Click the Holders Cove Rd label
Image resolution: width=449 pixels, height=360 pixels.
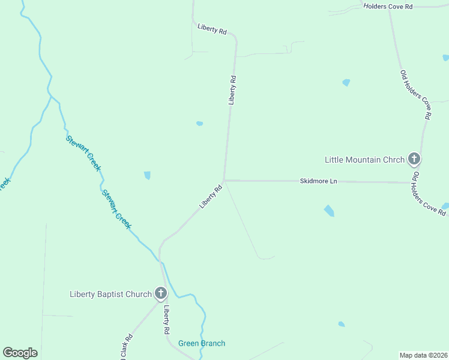388,6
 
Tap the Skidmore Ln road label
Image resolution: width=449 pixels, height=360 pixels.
319,181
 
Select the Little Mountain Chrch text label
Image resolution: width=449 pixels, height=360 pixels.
364,160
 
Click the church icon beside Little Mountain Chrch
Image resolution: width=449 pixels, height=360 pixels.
414,159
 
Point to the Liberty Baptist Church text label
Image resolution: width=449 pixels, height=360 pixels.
110,294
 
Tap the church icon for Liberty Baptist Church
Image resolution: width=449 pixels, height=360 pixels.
160,293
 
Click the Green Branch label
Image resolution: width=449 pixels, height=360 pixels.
202,343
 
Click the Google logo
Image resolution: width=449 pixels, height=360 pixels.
20,352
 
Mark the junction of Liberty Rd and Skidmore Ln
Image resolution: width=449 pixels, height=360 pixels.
224,180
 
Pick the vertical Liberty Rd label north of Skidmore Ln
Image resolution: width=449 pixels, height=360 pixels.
232,90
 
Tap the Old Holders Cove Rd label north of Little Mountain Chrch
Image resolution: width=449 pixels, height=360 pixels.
416,94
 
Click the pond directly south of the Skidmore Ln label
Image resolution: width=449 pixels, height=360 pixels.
329,211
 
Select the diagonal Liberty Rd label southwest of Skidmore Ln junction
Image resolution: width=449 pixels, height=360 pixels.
211,197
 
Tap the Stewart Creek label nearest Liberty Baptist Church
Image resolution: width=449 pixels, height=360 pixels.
116,209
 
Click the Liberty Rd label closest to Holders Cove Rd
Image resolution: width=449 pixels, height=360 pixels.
212,29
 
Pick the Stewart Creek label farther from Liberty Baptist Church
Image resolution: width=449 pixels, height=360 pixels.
82,153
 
